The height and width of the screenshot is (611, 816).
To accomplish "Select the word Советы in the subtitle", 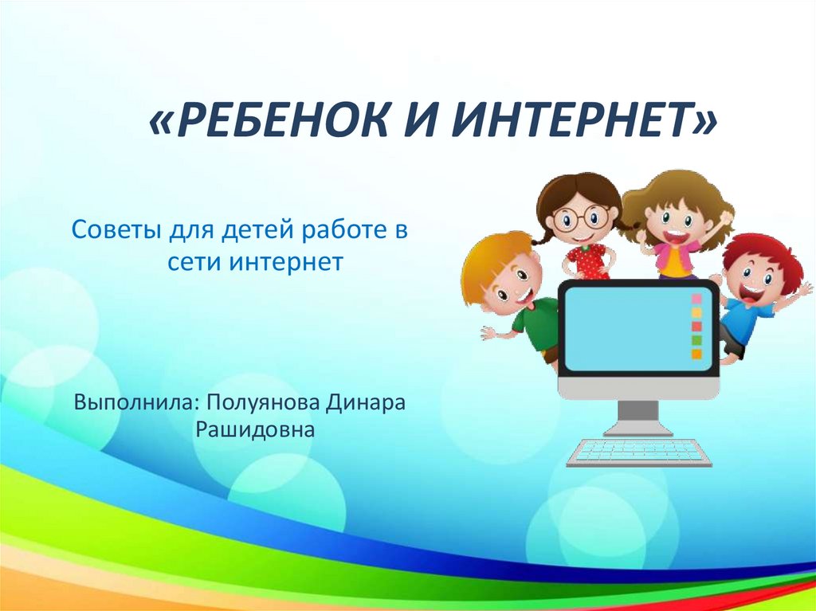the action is [116, 229].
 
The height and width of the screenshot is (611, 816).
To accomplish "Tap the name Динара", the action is [365, 403].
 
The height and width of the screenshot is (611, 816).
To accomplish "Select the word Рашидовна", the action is [256, 430].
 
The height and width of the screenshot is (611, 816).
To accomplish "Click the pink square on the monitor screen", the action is [696, 299].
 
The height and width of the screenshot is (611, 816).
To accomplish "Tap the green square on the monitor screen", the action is [696, 340].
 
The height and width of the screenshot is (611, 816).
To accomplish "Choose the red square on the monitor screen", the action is [696, 327].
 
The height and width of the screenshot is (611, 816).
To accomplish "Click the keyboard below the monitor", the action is [639, 452].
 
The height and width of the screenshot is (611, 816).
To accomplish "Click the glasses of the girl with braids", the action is [581, 217].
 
